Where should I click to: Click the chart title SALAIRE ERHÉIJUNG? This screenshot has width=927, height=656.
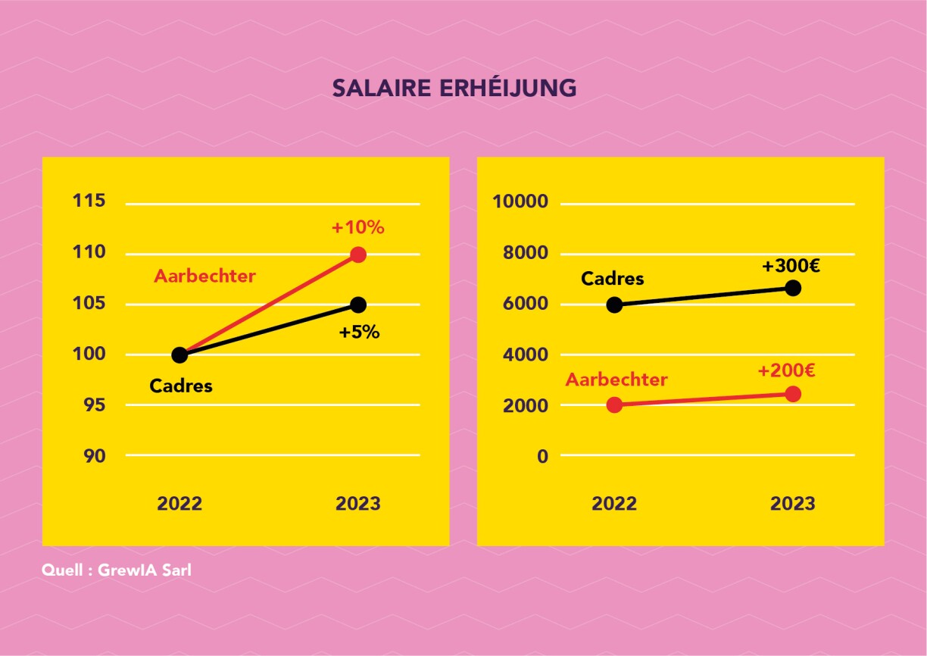[x=454, y=88]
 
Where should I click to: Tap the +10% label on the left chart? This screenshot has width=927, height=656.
[x=357, y=227]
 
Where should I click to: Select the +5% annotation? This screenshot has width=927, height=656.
[x=359, y=332]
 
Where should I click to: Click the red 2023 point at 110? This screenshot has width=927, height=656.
[x=358, y=255]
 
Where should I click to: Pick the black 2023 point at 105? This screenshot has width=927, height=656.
[x=358, y=305]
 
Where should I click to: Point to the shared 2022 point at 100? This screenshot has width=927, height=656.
[x=179, y=355]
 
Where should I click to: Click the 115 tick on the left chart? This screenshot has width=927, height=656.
[x=89, y=201]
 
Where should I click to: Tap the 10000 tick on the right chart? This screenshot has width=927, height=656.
[x=520, y=201]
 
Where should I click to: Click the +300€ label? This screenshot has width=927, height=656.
[x=791, y=266]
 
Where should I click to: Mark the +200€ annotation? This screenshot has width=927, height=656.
[x=786, y=370]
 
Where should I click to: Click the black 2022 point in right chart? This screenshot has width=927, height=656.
[x=614, y=305]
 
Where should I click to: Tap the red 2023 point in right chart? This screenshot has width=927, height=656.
[x=793, y=394]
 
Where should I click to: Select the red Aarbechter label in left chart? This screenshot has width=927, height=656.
[x=204, y=276]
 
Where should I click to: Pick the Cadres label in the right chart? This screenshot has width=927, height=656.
[x=612, y=279]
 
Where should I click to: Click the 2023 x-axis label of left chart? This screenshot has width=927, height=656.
[x=358, y=504]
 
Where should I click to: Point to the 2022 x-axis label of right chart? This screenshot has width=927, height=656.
[x=614, y=504]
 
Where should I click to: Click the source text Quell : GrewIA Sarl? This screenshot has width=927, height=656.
[x=117, y=570]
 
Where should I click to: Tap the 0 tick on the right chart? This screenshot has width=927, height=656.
[x=542, y=456]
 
